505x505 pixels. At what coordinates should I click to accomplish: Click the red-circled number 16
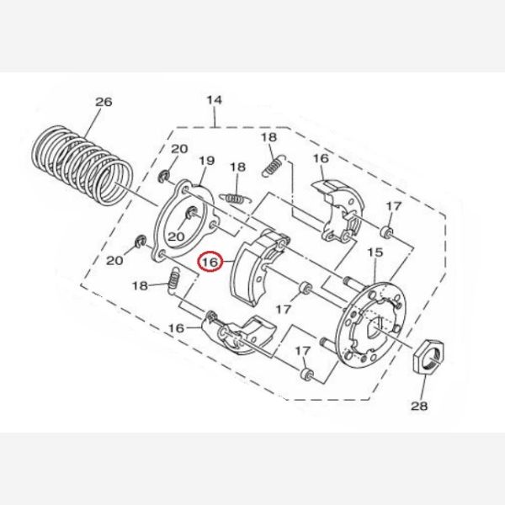210,262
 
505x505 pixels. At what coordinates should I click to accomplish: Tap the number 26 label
104,102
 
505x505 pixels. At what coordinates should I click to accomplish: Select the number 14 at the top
214,100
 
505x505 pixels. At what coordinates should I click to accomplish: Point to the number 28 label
419,407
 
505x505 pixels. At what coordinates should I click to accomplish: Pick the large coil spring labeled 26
82,166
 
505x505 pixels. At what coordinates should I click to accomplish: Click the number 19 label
206,161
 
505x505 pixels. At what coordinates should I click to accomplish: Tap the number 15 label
375,252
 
